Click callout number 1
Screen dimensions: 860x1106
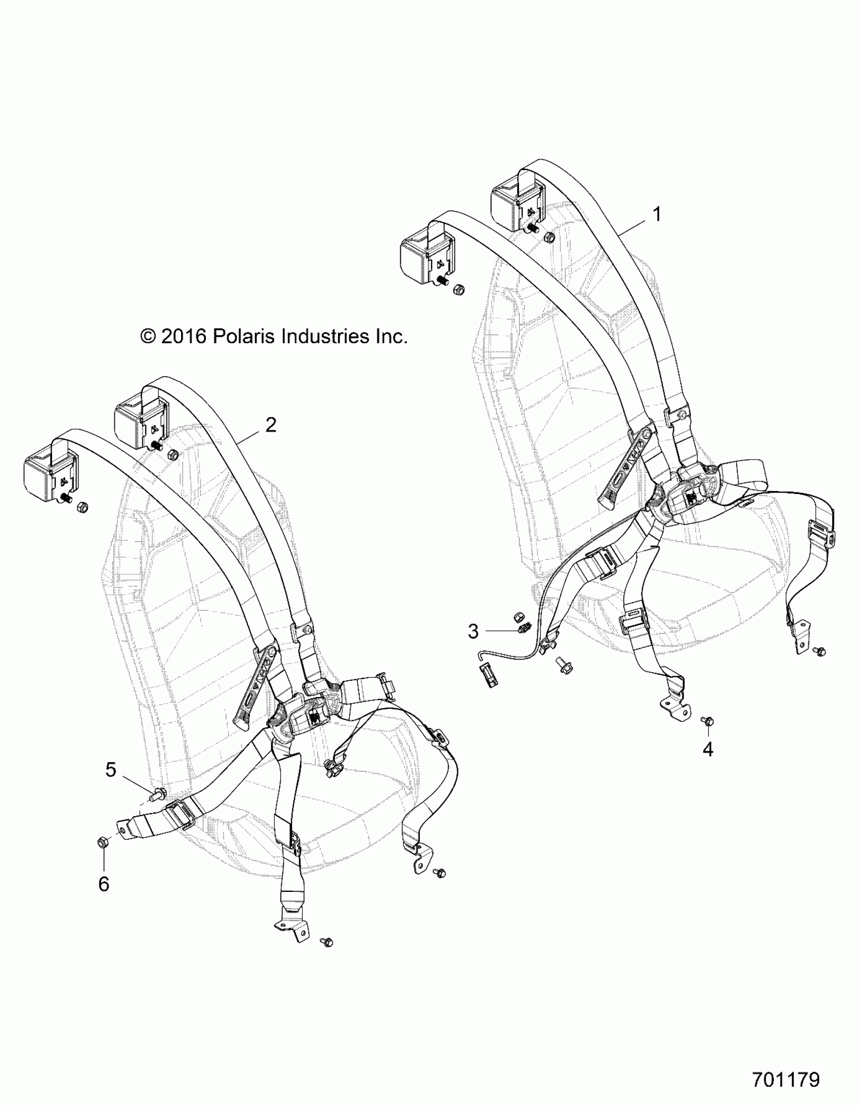click(x=657, y=214)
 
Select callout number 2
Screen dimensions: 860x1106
click(x=271, y=424)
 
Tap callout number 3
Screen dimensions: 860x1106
click(x=473, y=631)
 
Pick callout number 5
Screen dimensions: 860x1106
click(x=111, y=769)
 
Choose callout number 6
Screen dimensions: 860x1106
click(x=104, y=884)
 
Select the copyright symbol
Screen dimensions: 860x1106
click(x=148, y=337)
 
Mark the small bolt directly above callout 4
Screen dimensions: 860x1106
click(x=708, y=720)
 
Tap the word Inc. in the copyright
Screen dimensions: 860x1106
click(x=391, y=336)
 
